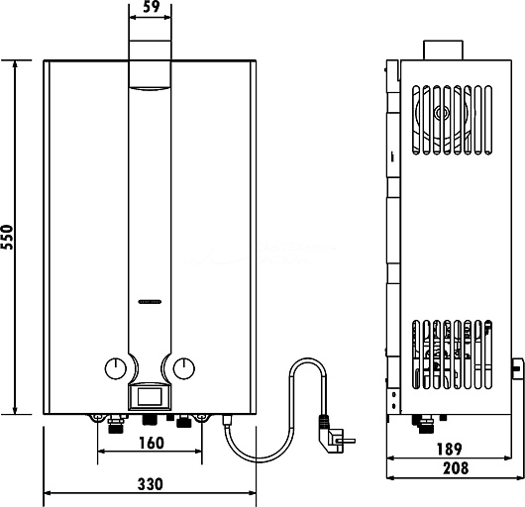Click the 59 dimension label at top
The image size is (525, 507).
pos(152,6)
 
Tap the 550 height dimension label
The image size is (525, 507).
pos(7,237)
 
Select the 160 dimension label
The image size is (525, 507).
pos(152,443)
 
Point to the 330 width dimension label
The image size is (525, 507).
pos(151,484)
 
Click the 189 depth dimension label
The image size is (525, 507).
pos(450,450)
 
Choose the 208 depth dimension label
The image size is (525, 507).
pos(456,468)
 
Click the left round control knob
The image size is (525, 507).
pos(116,368)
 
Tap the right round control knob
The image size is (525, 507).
pos(184,368)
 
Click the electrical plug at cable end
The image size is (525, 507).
pos(335,435)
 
